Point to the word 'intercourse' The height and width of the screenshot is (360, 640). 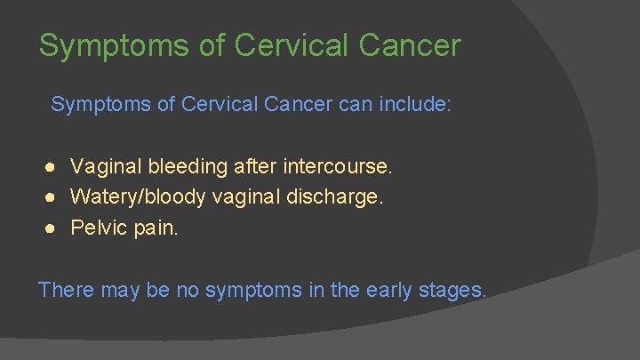point(335,166)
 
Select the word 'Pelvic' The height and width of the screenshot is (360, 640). point(98,228)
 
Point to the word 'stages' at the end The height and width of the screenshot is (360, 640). point(452,290)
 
